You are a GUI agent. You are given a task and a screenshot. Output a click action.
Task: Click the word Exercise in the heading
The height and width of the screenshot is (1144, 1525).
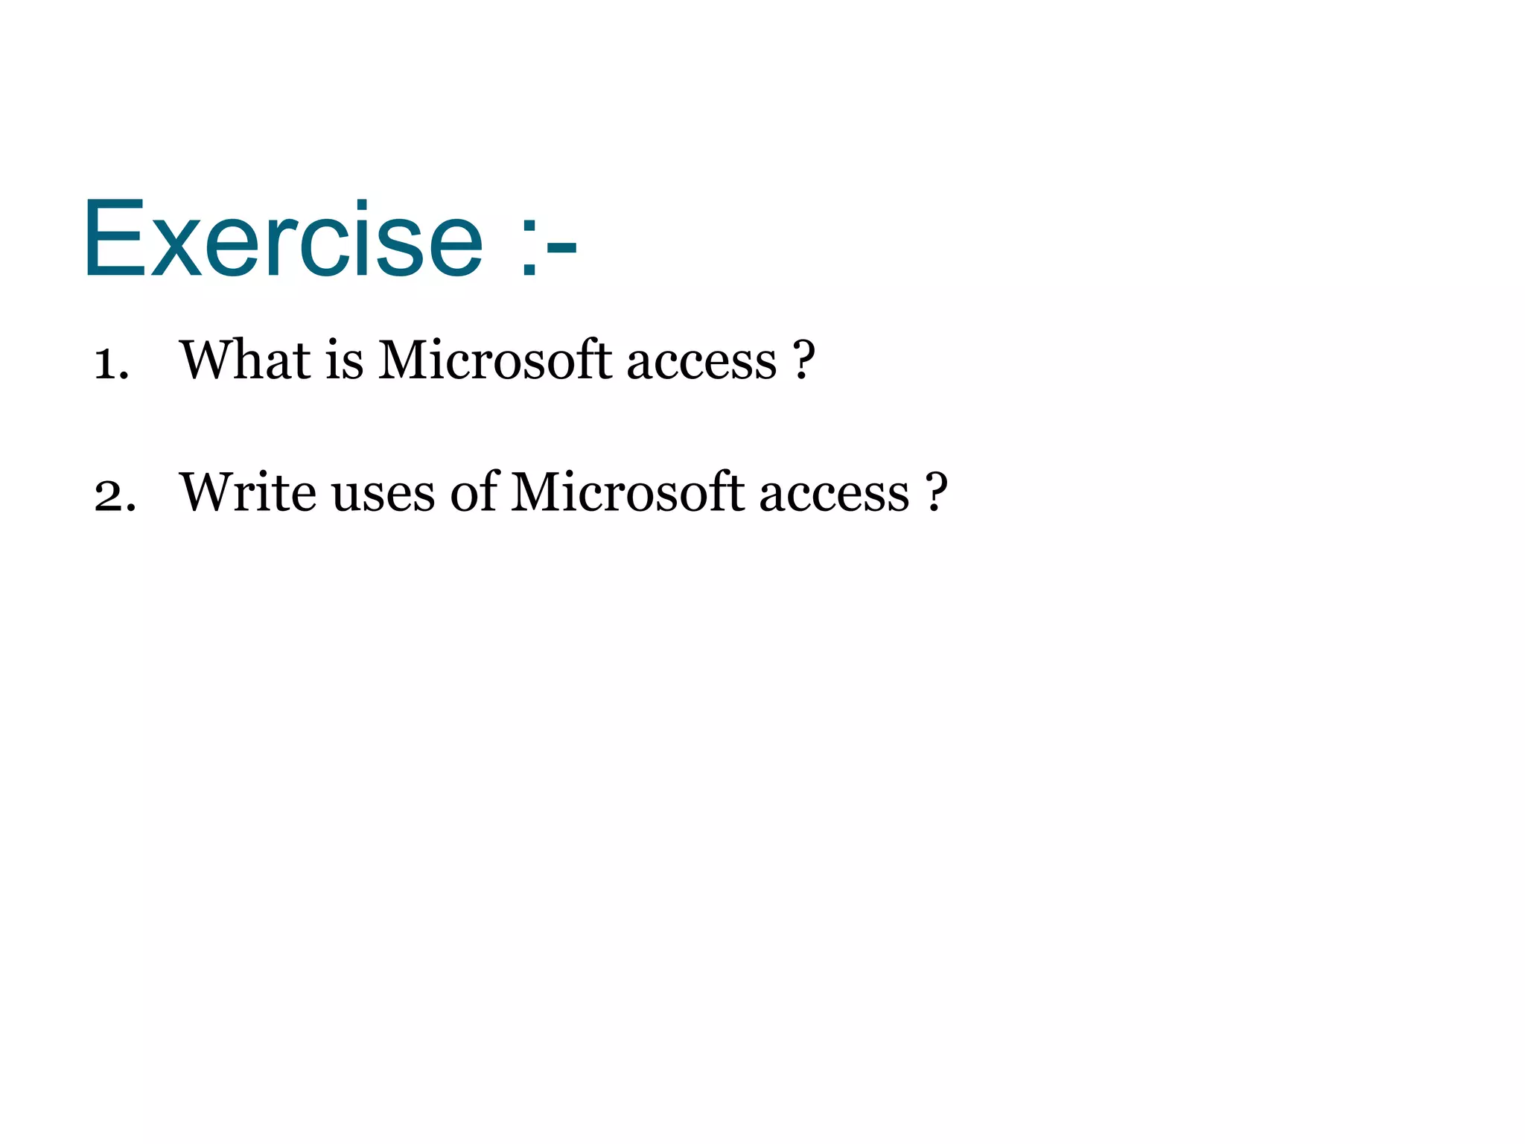coord(283,240)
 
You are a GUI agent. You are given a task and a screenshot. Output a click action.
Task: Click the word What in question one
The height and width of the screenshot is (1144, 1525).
coord(245,360)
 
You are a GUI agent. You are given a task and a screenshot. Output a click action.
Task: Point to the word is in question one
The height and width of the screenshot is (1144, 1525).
coord(344,360)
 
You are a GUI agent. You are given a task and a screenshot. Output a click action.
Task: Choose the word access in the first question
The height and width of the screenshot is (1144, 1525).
coord(701,363)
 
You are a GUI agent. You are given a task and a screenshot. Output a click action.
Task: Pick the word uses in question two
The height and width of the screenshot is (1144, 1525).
coord(383,495)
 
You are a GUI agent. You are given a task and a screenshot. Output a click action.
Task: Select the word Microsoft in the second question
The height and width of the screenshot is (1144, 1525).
coord(627,492)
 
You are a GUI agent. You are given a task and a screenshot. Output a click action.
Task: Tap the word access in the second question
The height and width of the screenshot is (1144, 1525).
coord(834,495)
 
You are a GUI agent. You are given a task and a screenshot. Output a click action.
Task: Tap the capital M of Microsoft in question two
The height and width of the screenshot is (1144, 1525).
coord(536,492)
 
